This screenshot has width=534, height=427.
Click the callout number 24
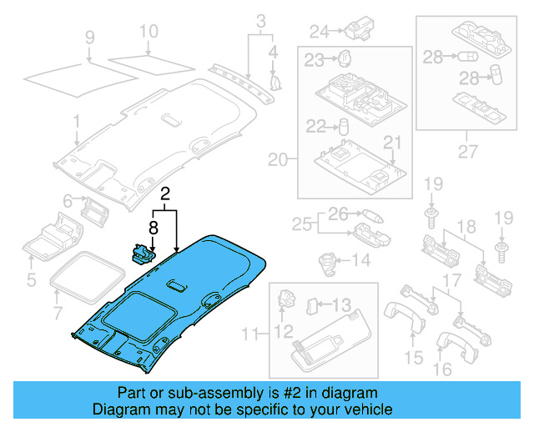point(320,33)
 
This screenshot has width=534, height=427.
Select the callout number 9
point(90,37)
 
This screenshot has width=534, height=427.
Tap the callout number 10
point(148,33)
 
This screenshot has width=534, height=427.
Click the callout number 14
point(360,261)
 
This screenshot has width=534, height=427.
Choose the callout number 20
point(278,158)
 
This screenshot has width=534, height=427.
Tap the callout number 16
point(442,368)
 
